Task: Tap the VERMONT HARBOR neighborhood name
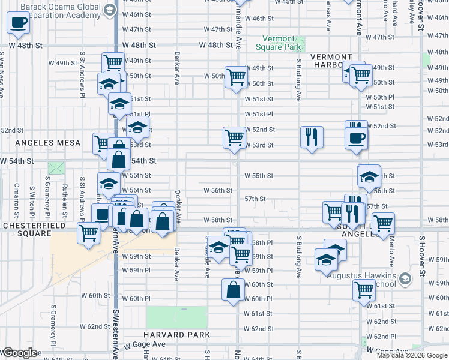click(x=331, y=61)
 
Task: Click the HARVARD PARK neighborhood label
click(x=176, y=334)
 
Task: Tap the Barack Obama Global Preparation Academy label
click(x=60, y=11)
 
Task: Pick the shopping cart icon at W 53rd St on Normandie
click(x=234, y=137)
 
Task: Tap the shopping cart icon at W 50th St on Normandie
click(x=236, y=77)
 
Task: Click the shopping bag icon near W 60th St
click(x=234, y=290)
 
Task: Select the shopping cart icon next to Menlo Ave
click(x=383, y=224)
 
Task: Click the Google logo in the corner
click(x=19, y=353)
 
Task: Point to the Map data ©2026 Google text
click(x=412, y=355)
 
